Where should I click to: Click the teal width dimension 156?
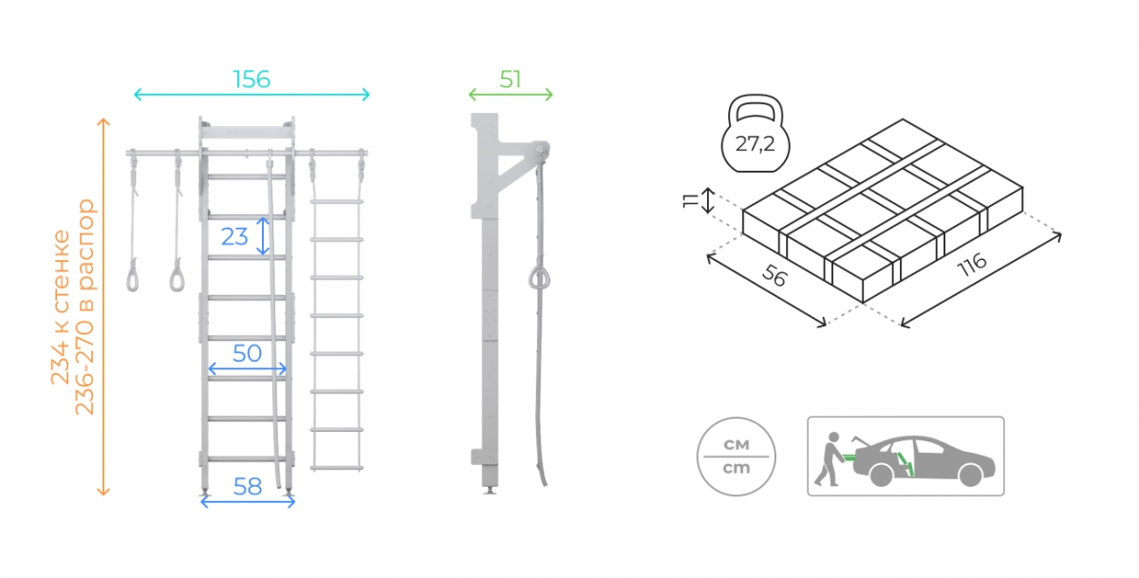coord(252,80)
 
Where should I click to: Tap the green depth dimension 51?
coord(511,80)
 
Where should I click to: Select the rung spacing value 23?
coord(234,236)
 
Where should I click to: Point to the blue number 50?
coord(247,353)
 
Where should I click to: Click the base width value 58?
coord(248,487)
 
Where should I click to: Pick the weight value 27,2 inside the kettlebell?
coord(756,144)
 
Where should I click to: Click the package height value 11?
coord(691,201)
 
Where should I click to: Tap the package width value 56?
coord(775,275)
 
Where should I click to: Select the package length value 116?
coord(972,265)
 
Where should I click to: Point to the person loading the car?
coord(829,459)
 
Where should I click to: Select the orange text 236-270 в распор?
coord(84,308)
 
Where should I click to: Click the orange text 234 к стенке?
coord(61,308)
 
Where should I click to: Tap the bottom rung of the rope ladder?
coord(337,468)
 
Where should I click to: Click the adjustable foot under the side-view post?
coord(490,490)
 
